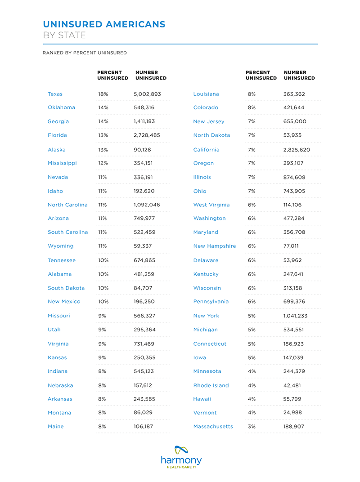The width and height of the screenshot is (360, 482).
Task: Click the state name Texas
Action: (55, 94)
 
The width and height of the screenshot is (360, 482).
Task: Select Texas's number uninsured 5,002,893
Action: (147, 94)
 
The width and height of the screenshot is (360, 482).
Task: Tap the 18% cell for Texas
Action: (103, 94)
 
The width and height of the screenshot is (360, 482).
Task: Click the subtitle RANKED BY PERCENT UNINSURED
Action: (85, 53)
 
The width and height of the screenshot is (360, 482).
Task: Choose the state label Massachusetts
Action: (213, 426)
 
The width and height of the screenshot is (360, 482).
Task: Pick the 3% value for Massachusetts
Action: (251, 426)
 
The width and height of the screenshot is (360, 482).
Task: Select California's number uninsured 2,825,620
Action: (297, 150)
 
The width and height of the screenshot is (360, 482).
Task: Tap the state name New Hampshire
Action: (214, 246)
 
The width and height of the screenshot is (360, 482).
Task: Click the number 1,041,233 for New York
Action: (296, 316)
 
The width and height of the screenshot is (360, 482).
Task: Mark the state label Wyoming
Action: (60, 246)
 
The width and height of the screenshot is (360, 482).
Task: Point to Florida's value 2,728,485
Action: (147, 135)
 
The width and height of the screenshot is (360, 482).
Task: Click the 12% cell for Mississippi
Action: (103, 163)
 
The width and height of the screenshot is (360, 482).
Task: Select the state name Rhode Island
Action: (211, 385)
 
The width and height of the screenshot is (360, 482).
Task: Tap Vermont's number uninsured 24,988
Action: (292, 413)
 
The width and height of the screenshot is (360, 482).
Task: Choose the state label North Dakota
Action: (211, 135)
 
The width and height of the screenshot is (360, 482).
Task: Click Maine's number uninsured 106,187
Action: (144, 426)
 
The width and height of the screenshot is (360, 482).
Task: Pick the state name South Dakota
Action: (66, 288)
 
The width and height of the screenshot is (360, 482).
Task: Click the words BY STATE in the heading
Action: (64, 35)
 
